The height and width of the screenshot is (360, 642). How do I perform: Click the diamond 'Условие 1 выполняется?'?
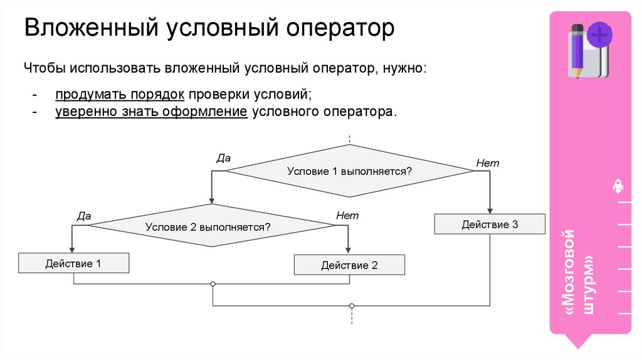(x=349, y=171)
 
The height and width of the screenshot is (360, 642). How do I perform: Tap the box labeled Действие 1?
(x=73, y=263)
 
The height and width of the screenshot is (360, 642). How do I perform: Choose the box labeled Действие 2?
(x=349, y=265)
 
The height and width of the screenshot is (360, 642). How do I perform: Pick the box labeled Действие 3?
(x=490, y=224)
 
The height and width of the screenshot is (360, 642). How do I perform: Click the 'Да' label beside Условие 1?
(x=223, y=159)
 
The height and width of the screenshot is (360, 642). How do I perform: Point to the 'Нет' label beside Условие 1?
(x=487, y=163)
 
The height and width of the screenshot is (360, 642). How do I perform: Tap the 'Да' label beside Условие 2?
(x=84, y=216)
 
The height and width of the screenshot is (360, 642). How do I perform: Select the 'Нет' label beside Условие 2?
(x=347, y=215)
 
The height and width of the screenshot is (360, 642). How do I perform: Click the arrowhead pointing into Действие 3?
(x=490, y=211)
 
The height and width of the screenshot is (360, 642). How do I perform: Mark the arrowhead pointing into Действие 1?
(x=73, y=250)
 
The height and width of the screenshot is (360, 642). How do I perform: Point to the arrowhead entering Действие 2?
(x=349, y=251)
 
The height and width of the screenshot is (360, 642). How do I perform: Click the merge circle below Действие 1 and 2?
(x=213, y=284)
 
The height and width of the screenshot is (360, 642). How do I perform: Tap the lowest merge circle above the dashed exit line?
(x=352, y=306)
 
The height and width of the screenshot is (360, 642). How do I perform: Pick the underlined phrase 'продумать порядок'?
(x=119, y=94)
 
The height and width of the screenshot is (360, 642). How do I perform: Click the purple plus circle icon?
(x=600, y=34)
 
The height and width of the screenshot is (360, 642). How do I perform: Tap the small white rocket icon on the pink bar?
(x=617, y=185)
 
